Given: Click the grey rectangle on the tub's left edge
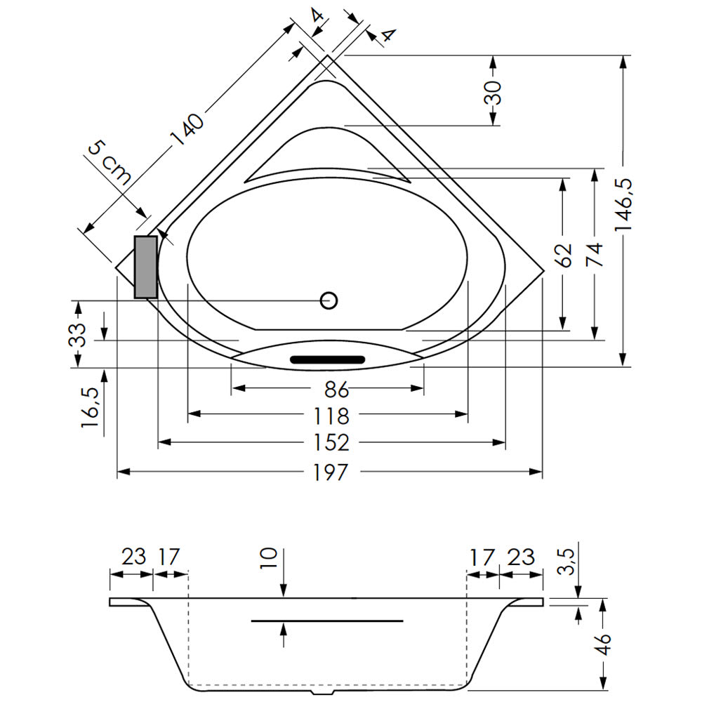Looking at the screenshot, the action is [x=146, y=267].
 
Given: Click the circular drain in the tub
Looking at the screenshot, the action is [x=329, y=300].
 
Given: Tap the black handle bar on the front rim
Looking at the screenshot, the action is [x=328, y=359].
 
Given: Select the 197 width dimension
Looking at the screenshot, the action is [x=331, y=472].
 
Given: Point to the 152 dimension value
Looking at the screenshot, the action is [x=331, y=443].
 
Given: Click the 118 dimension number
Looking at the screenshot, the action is [x=331, y=416].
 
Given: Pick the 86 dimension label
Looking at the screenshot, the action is [x=336, y=390].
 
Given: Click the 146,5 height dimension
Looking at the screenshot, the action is [x=623, y=204].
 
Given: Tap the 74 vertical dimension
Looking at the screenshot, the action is [x=595, y=254].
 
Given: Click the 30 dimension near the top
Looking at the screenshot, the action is [x=493, y=93].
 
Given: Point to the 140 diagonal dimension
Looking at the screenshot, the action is [x=188, y=130].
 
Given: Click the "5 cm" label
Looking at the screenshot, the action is [x=110, y=163].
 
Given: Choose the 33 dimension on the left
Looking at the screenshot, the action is [x=77, y=335].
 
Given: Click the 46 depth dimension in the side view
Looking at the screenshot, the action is [x=604, y=644].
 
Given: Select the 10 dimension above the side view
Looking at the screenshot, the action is [x=269, y=558].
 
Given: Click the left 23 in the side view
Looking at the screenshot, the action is [x=134, y=557].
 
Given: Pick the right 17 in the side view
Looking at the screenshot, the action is [x=482, y=557].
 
